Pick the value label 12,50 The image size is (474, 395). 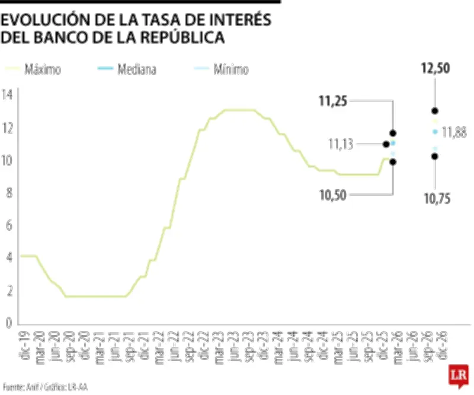[435, 69]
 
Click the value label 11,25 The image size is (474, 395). [332, 102]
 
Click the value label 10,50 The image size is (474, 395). [334, 195]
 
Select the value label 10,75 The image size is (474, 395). [437, 199]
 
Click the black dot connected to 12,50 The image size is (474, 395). [435, 111]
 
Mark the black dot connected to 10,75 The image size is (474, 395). [435, 157]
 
